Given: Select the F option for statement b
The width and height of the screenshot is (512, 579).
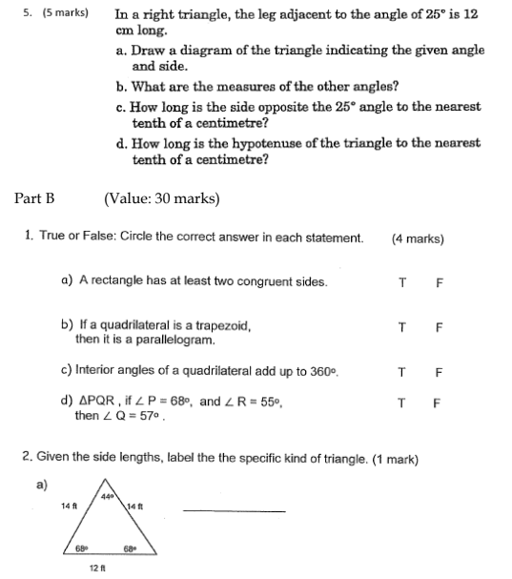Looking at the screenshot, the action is pyautogui.click(x=438, y=326).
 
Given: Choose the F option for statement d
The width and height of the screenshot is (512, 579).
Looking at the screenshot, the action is pyautogui.click(x=438, y=403).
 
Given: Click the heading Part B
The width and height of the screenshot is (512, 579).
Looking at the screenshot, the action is pyautogui.click(x=35, y=198).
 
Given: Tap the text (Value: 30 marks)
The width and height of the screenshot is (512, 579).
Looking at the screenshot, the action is pyautogui.click(x=161, y=198).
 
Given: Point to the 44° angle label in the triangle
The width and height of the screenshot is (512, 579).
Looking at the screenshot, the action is pyautogui.click(x=110, y=497).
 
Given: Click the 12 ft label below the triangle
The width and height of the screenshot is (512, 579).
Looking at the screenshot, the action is pyautogui.click(x=95, y=569).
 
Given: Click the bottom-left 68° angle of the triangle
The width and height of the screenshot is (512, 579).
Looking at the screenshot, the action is pyautogui.click(x=83, y=548).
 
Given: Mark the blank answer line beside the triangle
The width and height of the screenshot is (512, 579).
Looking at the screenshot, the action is pyautogui.click(x=234, y=511).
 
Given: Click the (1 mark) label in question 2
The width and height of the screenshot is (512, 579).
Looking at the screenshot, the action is pyautogui.click(x=394, y=459).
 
